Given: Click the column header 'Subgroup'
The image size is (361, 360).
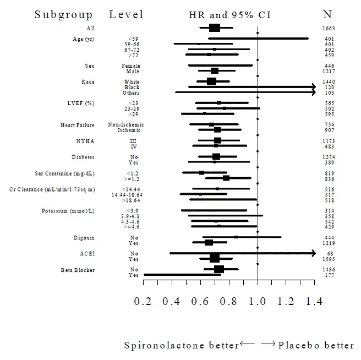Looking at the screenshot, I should (x=64, y=14).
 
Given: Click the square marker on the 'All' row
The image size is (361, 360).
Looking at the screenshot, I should (x=215, y=28).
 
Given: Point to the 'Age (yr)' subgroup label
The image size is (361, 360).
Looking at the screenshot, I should (x=84, y=39).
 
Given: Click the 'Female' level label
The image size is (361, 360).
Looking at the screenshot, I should (x=131, y=66).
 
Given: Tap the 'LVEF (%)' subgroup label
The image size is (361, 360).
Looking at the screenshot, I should (x=80, y=103).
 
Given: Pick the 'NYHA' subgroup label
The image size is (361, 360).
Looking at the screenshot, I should (x=86, y=141).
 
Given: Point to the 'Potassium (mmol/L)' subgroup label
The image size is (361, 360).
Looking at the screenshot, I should (x=68, y=211).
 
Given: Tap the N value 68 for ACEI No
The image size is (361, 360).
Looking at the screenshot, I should (x=329, y=254).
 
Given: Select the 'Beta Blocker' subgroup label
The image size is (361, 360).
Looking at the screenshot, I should (x=78, y=270).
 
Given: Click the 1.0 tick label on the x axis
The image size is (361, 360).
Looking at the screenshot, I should (x=257, y=301).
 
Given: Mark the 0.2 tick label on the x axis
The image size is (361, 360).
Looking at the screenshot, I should (x=143, y=301).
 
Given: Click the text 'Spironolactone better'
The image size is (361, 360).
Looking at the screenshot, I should (x=182, y=346).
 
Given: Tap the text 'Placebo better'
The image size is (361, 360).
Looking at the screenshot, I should (x=316, y=346).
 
